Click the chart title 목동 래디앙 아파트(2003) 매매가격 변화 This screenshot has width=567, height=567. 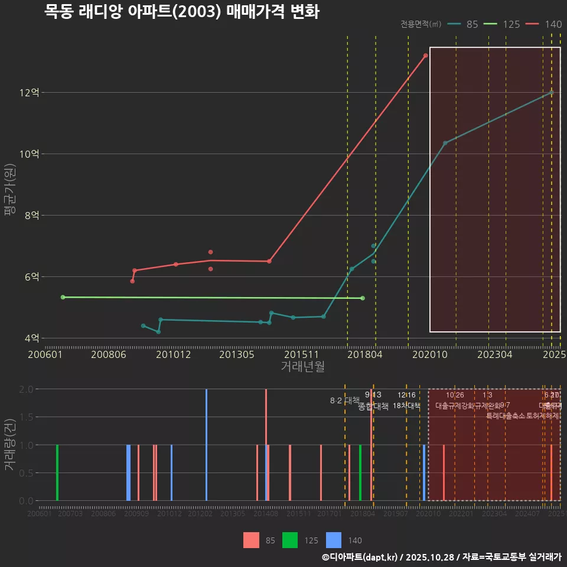182,12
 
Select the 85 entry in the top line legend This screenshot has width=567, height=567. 463,24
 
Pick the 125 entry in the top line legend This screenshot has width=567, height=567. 501,24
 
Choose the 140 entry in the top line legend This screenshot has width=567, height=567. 544,24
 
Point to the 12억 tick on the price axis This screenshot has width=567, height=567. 30,93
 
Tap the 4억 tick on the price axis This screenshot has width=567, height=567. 32,338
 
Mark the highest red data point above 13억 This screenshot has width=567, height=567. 425,56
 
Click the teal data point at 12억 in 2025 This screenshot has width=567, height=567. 551,93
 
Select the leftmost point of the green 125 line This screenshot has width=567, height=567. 63,297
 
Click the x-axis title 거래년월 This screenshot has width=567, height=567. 302,367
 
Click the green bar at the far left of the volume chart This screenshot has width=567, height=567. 57,472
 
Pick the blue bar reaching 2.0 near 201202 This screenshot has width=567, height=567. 206,445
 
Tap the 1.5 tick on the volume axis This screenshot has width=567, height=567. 26,417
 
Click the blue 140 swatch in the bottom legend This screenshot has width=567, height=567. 334,540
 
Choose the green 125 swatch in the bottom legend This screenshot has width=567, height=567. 290,540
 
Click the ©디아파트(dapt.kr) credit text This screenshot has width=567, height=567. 360,557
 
